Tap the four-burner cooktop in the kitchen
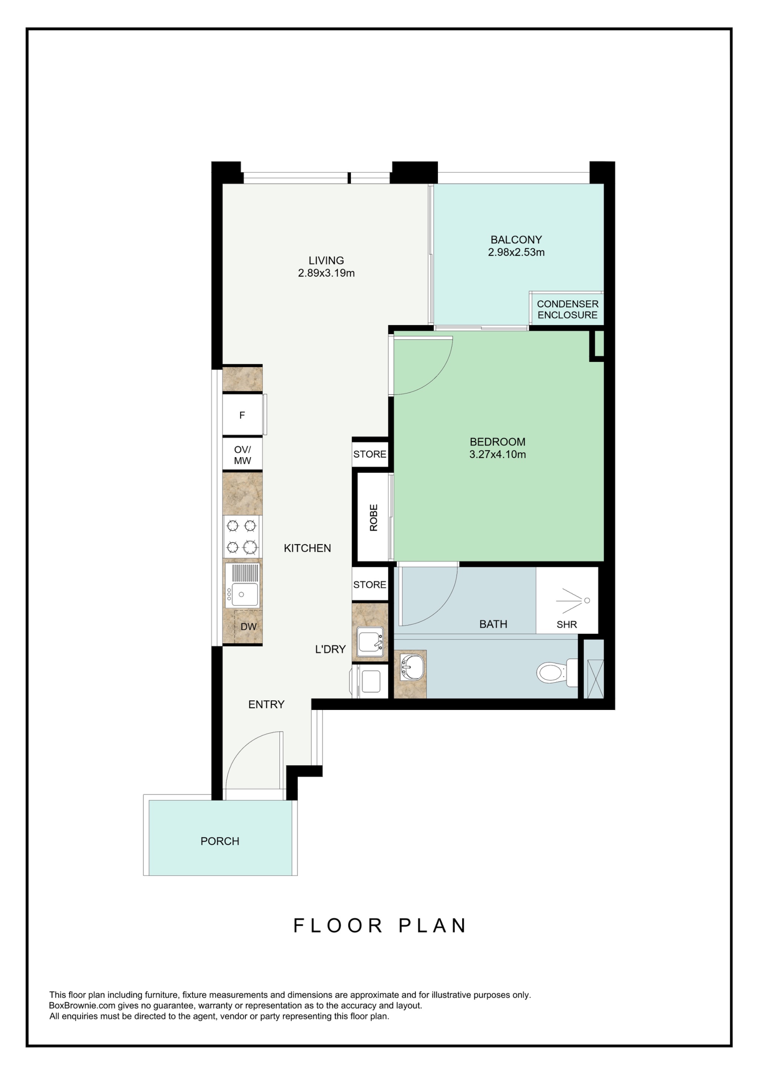242,536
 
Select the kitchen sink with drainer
242,585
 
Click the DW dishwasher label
249,627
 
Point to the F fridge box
242,415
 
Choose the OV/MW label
242,455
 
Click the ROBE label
374,518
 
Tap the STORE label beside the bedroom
370,454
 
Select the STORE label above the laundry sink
370,585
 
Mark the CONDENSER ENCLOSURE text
568,310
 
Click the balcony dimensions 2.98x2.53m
516,252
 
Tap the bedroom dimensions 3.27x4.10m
498,455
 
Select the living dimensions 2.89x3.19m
327,273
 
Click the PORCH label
220,842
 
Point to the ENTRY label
266,704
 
